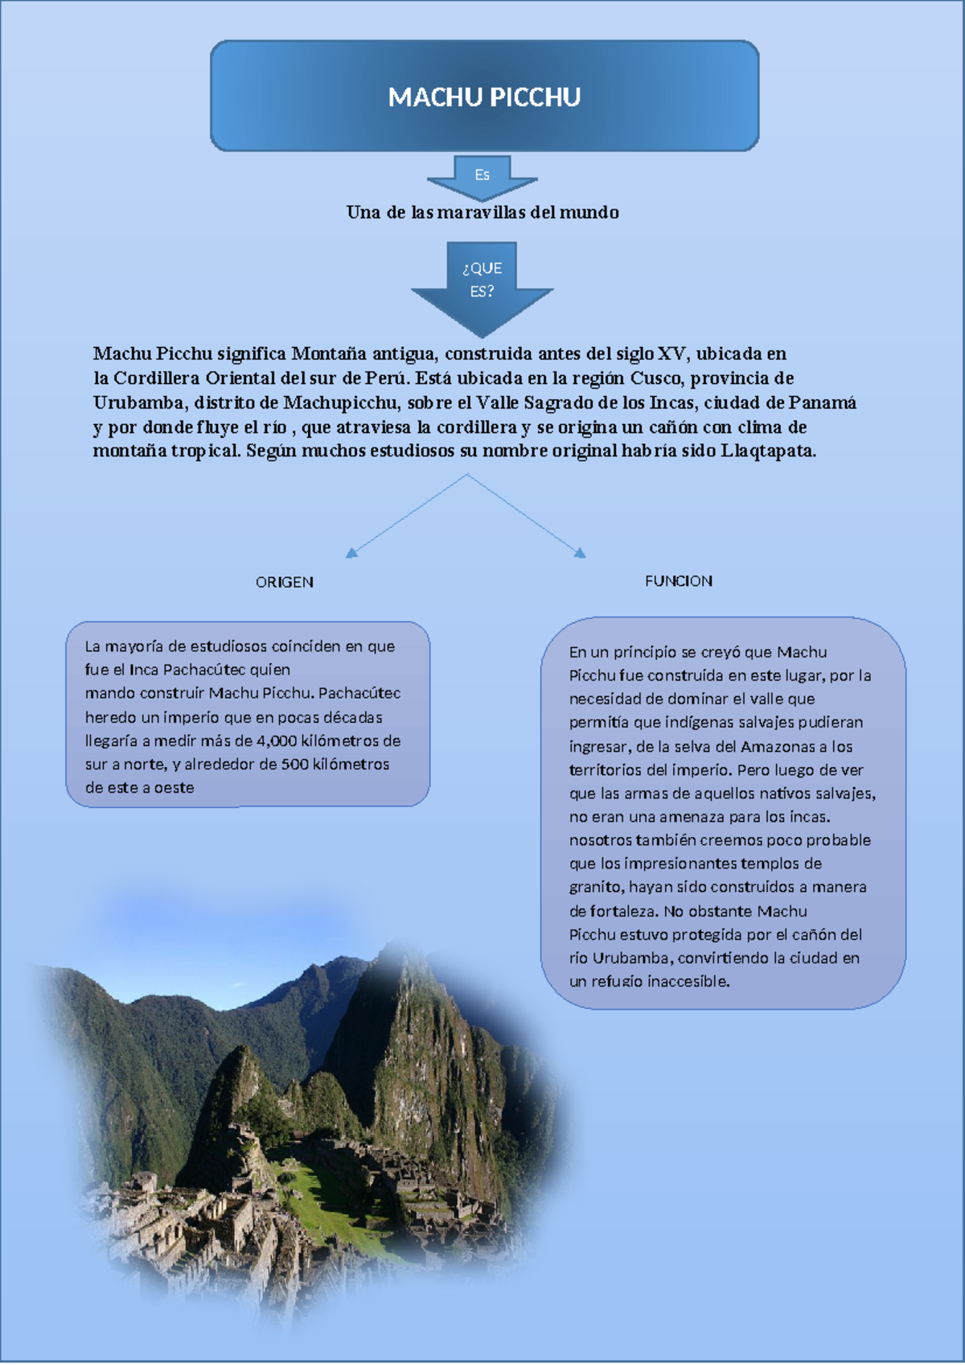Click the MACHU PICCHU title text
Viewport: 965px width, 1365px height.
484,97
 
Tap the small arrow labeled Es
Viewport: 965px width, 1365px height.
482,176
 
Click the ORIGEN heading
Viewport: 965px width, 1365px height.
284,582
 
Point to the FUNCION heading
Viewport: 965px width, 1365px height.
678,581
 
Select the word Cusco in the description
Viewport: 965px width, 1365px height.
655,378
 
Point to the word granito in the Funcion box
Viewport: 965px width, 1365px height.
595,887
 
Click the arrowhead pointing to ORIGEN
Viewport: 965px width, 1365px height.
351,553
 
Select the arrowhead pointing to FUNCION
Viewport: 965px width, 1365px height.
581,553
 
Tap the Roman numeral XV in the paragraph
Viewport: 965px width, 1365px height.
671,353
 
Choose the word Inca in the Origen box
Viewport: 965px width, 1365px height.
144,670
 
